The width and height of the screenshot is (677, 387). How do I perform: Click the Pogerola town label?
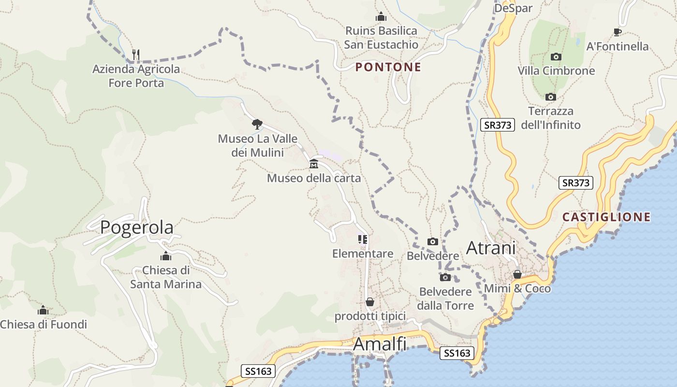point(136,227)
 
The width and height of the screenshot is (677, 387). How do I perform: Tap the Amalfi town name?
point(380,344)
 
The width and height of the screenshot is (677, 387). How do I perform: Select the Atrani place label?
point(491,248)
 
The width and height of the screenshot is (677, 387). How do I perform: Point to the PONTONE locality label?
point(388,67)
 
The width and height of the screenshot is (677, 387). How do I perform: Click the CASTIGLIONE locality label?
point(606,217)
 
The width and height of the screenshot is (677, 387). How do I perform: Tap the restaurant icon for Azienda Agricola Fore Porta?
point(136,55)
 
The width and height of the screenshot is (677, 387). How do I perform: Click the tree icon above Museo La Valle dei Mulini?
point(257,124)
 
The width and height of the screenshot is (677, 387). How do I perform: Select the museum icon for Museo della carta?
point(314,164)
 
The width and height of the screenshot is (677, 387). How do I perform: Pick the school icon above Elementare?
point(363,239)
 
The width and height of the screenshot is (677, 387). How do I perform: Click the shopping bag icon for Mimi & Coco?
point(517,274)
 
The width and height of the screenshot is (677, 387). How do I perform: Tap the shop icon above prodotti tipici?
point(370,302)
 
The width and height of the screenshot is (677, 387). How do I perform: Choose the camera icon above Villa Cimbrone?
point(556,57)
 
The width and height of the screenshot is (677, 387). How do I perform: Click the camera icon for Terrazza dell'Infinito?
point(550,97)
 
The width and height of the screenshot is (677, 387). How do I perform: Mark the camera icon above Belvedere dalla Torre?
point(445,277)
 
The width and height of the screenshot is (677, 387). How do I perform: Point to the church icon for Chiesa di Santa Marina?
point(166,256)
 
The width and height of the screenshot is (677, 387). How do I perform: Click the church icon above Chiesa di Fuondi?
point(43,310)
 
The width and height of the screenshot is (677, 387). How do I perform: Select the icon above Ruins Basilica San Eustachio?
point(381,17)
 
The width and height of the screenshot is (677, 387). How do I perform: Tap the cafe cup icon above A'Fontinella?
point(617,32)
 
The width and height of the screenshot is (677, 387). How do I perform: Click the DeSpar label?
point(513,8)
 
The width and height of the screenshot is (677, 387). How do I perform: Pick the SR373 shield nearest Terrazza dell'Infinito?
point(497,125)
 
